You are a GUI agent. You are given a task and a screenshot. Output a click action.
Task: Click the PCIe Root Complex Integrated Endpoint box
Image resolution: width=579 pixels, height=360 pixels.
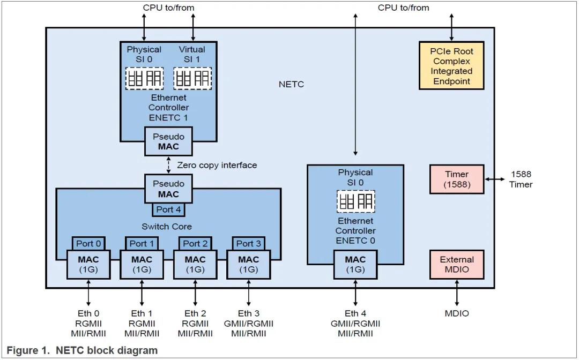point(451,66)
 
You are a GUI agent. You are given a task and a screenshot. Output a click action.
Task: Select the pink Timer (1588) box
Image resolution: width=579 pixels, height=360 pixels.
point(457,179)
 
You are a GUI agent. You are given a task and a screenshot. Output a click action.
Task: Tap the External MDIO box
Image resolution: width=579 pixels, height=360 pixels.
point(457,264)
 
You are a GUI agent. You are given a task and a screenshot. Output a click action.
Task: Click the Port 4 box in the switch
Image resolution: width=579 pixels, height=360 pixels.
point(168,209)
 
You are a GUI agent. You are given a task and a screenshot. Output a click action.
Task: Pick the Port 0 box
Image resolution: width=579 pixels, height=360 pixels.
point(88,243)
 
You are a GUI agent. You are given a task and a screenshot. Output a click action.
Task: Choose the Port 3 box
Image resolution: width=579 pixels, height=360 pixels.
point(249,243)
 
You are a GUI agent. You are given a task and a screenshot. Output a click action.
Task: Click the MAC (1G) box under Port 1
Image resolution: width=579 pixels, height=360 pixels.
point(142,264)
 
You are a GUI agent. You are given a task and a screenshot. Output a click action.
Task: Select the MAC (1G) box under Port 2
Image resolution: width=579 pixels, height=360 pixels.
point(195,264)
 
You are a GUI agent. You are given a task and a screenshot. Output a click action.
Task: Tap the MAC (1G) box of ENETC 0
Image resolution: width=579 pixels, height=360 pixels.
point(355,264)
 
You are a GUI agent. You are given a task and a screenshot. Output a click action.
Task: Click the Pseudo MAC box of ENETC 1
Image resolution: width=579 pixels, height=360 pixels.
point(168,141)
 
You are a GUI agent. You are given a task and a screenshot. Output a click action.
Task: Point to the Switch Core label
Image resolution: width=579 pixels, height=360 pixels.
point(167,227)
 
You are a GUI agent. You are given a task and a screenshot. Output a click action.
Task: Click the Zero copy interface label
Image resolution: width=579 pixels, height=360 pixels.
point(217,165)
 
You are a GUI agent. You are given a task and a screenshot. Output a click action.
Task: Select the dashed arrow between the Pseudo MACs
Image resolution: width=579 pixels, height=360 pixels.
point(168,165)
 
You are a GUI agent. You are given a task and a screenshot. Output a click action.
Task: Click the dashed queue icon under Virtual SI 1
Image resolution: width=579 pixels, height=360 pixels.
point(192,78)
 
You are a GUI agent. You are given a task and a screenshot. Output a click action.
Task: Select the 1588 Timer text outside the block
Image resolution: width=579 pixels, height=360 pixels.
point(521,179)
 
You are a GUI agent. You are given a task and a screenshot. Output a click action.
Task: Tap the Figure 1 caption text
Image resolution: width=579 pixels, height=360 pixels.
point(82,350)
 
